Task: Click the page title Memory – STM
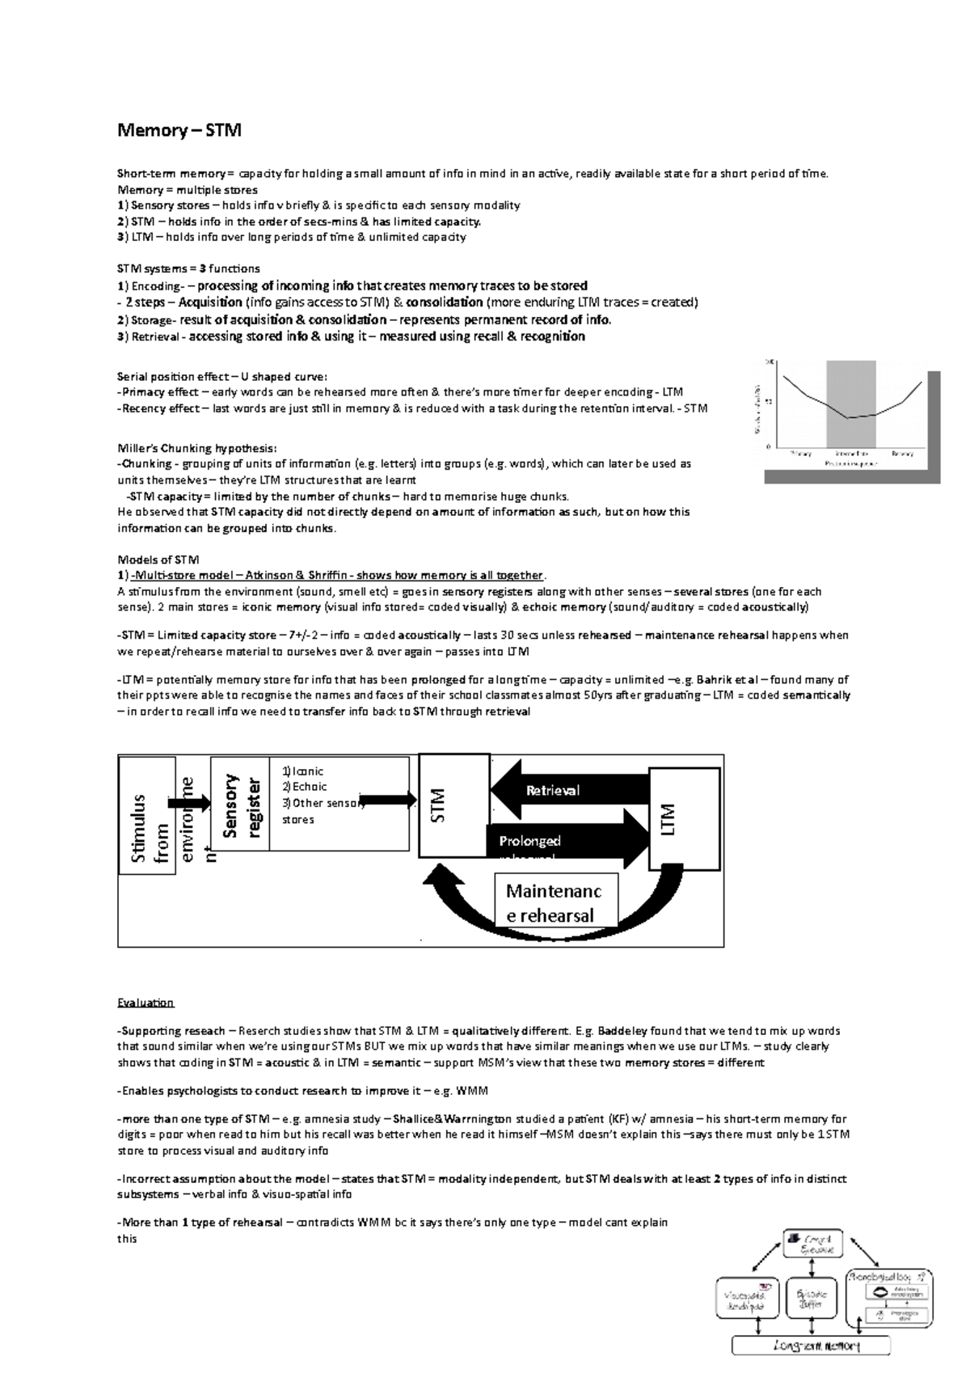pos(179,130)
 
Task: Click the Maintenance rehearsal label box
pos(555,902)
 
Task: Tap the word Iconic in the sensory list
pos(306,771)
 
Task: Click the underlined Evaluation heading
pos(145,1003)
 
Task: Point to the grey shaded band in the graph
pos(851,402)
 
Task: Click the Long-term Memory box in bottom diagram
pos(810,1346)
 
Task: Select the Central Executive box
pos(812,1243)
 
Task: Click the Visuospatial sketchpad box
pos(749,1299)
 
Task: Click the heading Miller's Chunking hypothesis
pos(197,448)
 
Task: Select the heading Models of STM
pos(158,560)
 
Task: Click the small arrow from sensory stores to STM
pos(386,801)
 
